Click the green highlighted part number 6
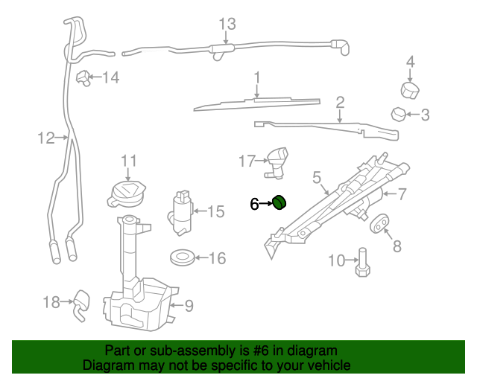coord(280,202)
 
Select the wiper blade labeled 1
coord(253,102)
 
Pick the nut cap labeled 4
coord(410,89)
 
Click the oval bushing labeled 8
coord(379,222)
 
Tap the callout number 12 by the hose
coord(46,138)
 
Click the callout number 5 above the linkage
coord(317,178)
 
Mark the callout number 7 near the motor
coord(401,195)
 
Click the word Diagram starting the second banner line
coord(110,365)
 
